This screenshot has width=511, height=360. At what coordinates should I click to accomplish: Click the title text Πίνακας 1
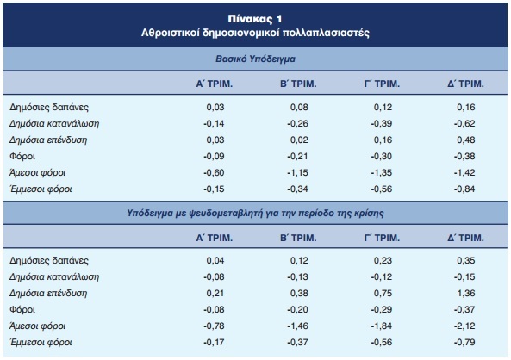point(255,19)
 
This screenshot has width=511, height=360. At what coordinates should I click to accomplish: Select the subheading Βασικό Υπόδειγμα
point(255,59)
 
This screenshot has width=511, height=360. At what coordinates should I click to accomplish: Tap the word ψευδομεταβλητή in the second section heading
point(226,213)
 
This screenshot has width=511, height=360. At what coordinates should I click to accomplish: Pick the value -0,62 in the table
point(464,123)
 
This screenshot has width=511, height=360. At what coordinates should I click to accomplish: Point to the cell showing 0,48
point(465,140)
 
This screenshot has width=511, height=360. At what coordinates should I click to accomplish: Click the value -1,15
point(297,172)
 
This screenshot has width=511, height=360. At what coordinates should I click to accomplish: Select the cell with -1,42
point(464,172)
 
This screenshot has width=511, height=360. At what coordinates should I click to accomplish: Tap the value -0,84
point(464,189)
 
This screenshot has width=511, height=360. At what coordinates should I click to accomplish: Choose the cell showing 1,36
point(466,293)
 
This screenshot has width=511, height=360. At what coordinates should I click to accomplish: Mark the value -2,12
point(464,326)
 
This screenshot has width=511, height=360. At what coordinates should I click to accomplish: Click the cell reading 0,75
point(383,293)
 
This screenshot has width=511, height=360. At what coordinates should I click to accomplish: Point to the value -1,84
point(381,326)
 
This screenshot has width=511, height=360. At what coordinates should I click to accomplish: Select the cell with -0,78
point(214,326)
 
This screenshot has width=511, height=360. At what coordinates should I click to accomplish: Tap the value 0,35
point(465,260)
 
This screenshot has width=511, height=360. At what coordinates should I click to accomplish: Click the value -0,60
point(214,172)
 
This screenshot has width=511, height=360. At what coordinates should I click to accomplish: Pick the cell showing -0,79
point(464,342)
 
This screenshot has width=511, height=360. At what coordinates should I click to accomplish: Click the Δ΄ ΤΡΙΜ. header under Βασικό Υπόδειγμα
point(465,84)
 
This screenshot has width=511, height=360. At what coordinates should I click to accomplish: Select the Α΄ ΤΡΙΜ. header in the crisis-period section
point(214,238)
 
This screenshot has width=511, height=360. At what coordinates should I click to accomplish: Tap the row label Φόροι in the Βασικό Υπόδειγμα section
point(22,157)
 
